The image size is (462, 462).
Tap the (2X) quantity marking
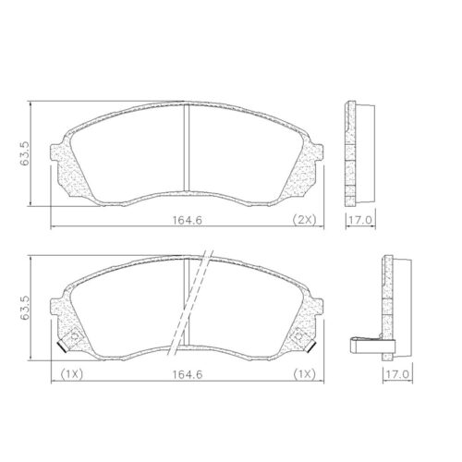pos(304,219)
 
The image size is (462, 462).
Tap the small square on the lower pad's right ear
pos(301,336)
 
